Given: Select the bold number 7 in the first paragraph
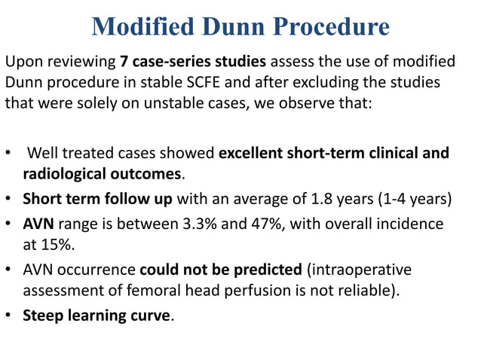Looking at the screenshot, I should tap(123, 60).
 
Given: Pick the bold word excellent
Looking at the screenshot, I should tap(251, 154).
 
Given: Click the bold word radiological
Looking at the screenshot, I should tap(66, 174).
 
